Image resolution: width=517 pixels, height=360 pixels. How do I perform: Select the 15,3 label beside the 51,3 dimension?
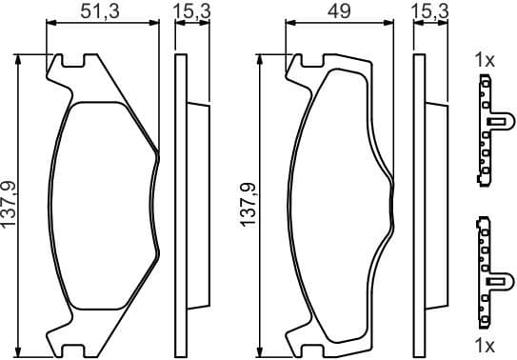tap(191, 12)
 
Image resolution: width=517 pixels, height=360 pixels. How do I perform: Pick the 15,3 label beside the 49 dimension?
tap(429, 12)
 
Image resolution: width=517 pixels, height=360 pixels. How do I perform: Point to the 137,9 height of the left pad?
tap(9, 202)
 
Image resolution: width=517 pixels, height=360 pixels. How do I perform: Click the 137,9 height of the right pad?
tap(248, 202)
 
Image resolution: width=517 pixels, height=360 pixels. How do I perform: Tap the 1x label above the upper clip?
tap(485, 60)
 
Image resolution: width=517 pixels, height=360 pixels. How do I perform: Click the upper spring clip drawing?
tap(487, 132)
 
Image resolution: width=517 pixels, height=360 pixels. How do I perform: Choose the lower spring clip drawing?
tap(487, 270)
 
